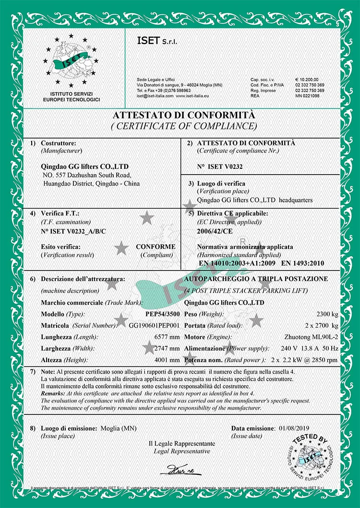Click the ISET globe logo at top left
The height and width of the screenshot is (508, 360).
pos(71,62)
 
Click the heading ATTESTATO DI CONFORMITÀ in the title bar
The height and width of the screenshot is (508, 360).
pos(180,116)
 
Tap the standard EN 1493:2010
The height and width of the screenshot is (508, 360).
pos(302,263)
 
